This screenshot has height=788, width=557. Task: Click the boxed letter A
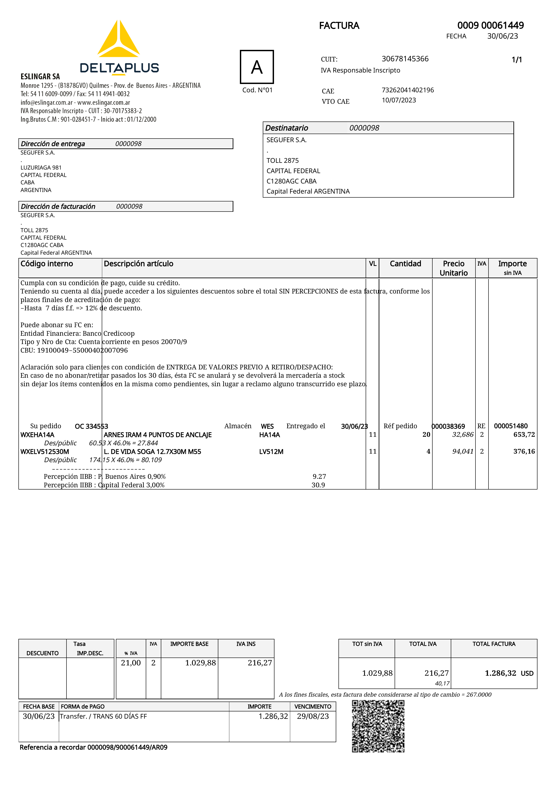(257, 67)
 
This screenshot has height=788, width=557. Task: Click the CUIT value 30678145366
(405, 59)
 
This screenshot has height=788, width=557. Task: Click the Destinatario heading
(287, 128)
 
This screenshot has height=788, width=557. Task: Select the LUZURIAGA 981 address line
(41, 168)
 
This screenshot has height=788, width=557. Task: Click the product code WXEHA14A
(38, 435)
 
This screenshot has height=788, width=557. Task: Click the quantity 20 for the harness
(426, 435)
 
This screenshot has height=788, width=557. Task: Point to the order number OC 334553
(91, 426)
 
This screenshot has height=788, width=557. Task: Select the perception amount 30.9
(318, 485)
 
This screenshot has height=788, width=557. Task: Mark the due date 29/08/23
(313, 716)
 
